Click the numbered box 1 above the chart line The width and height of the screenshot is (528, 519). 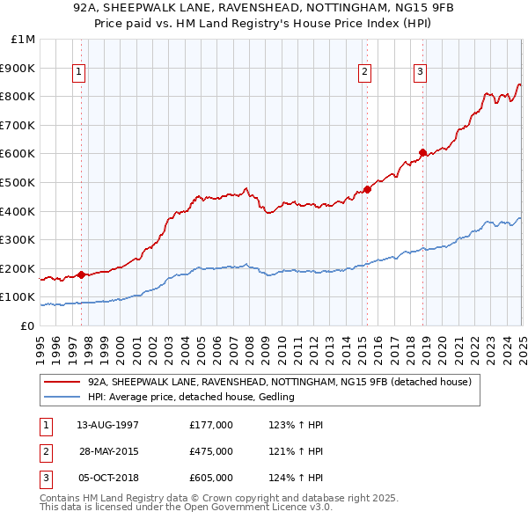click(x=80, y=72)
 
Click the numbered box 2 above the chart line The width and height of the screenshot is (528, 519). click(x=365, y=72)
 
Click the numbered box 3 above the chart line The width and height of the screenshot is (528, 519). click(x=420, y=72)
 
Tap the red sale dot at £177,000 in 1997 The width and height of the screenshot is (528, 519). click(x=81, y=274)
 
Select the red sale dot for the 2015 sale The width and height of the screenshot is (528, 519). click(x=367, y=189)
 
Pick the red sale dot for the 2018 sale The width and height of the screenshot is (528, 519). click(x=422, y=152)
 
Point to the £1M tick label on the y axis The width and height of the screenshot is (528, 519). click(x=24, y=40)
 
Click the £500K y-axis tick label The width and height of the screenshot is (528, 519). click(x=18, y=182)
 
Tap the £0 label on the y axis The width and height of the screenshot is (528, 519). click(x=26, y=325)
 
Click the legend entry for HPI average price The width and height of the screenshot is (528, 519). click(x=190, y=397)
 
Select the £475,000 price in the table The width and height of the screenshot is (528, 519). click(x=211, y=451)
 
